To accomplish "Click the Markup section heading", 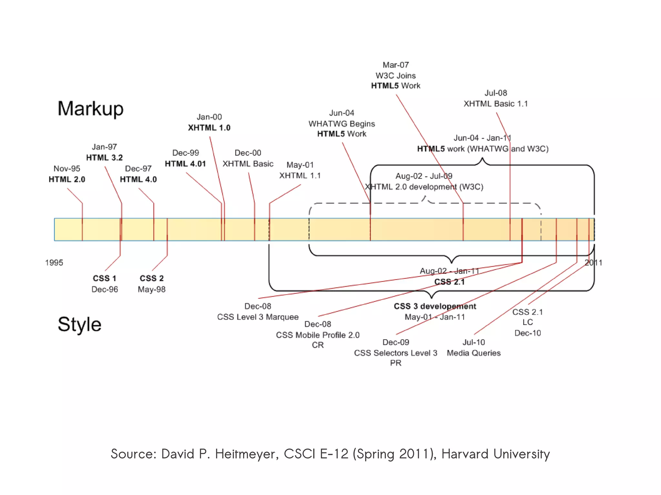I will [x=90, y=109].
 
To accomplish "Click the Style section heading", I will [x=79, y=324].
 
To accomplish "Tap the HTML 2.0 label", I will [x=67, y=179].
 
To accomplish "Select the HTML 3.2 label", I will [x=104, y=158].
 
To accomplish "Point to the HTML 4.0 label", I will [x=138, y=179].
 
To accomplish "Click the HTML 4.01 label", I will [x=185, y=164].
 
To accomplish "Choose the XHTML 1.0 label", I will [x=209, y=128].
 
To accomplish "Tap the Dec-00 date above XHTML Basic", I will [x=248, y=153].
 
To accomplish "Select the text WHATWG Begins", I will [x=341, y=124].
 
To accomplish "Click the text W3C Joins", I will [x=395, y=75].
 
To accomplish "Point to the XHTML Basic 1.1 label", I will [x=495, y=104].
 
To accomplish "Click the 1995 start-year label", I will [x=54, y=262].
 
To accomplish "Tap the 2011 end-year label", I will [x=593, y=262].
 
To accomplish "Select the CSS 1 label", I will [x=104, y=278].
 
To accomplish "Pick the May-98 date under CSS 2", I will [x=151, y=289].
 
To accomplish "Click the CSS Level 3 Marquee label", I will [x=258, y=317].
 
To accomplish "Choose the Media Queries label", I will [x=473, y=353].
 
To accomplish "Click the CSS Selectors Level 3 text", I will [x=395, y=353].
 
